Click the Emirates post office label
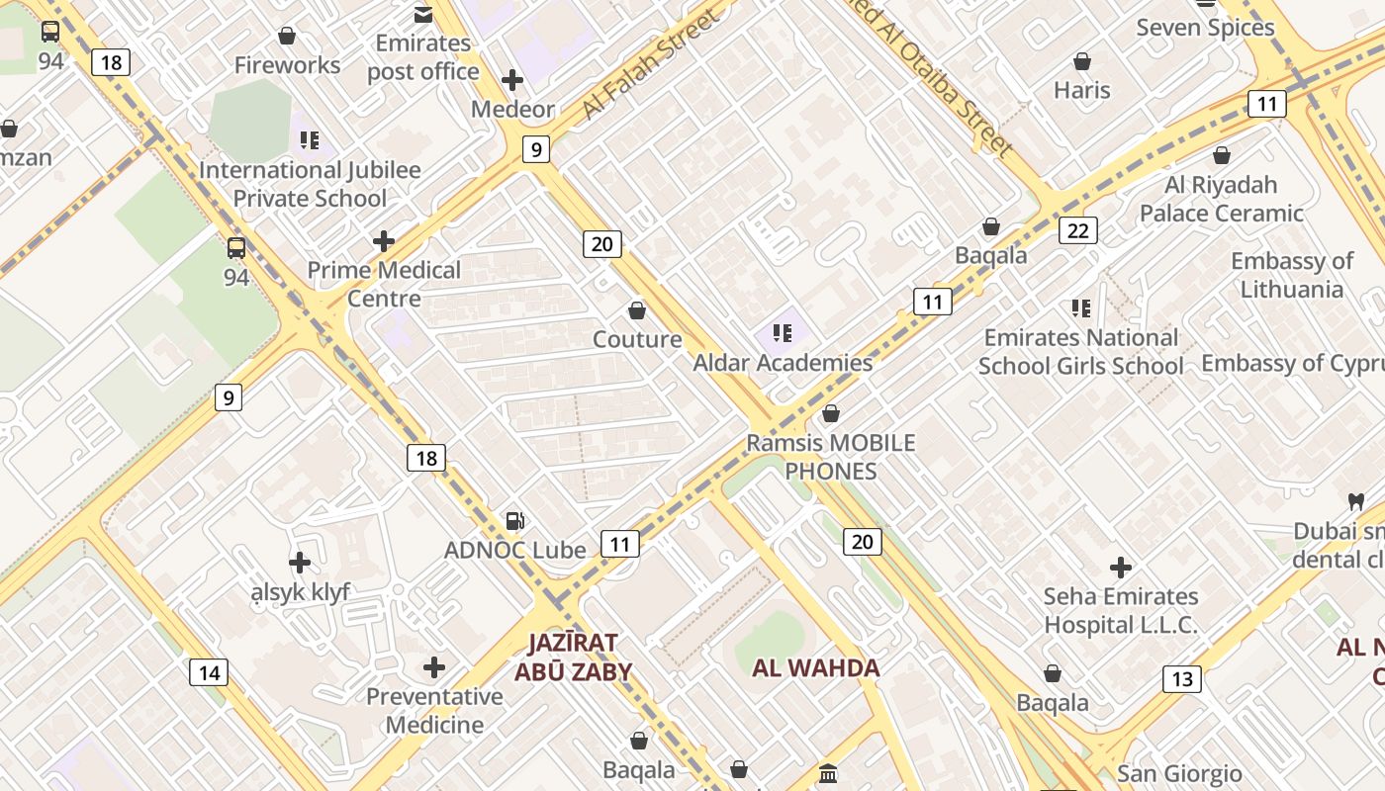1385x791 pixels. tap(423, 57)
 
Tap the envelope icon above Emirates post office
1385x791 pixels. tap(423, 14)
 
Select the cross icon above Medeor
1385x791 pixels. tap(512, 80)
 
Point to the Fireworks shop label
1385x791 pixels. tap(287, 65)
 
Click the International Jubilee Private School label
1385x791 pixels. tap(310, 184)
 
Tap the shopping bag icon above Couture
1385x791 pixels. tap(637, 311)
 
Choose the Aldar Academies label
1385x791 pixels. tap(783, 363)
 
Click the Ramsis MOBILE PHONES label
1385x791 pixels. tap(831, 457)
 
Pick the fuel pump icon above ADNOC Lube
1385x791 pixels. tap(514, 521)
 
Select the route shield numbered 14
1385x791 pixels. tap(209, 673)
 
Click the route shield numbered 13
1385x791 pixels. tap(1181, 679)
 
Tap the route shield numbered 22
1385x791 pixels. tap(1077, 230)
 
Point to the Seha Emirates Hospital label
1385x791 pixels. tap(1121, 610)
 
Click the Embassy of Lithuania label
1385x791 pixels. tap(1292, 275)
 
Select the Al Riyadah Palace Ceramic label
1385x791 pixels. tap(1222, 199)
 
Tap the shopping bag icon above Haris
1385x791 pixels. tap(1082, 61)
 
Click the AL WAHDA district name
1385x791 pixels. tap(816, 668)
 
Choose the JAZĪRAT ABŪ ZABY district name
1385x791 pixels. tap(573, 658)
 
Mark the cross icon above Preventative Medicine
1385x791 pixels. tap(434, 668)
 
